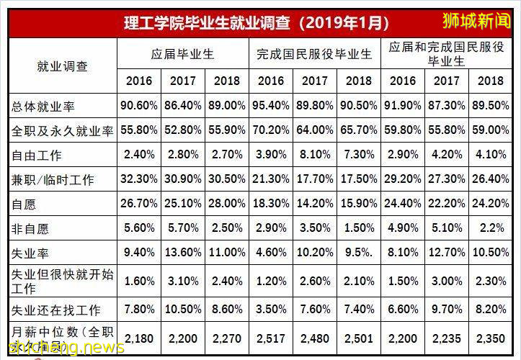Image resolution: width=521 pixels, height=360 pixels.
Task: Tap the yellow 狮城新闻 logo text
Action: click(x=476, y=20)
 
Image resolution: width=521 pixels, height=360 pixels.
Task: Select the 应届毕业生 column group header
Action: click(x=183, y=54)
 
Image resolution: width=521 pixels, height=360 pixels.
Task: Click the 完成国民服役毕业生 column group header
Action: click(x=315, y=54)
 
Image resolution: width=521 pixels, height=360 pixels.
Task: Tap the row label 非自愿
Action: click(x=31, y=228)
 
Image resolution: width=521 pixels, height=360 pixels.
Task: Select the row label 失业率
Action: click(x=31, y=253)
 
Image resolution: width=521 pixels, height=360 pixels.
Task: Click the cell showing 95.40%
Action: click(x=271, y=106)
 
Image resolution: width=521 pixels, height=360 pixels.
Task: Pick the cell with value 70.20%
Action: click(x=271, y=130)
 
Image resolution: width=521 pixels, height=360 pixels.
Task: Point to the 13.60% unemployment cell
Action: click(x=183, y=253)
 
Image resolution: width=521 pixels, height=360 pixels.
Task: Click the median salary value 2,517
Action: click(x=271, y=338)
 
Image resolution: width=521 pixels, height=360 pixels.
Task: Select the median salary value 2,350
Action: click(x=491, y=338)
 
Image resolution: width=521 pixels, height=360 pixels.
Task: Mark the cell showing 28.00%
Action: click(x=227, y=204)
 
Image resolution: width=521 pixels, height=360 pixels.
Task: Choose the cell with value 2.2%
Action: click(x=491, y=228)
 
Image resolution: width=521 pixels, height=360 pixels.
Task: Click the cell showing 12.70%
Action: click(x=447, y=253)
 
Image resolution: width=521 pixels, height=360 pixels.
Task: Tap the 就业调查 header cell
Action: click(x=62, y=66)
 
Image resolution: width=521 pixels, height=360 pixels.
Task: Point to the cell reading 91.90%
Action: click(x=404, y=106)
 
